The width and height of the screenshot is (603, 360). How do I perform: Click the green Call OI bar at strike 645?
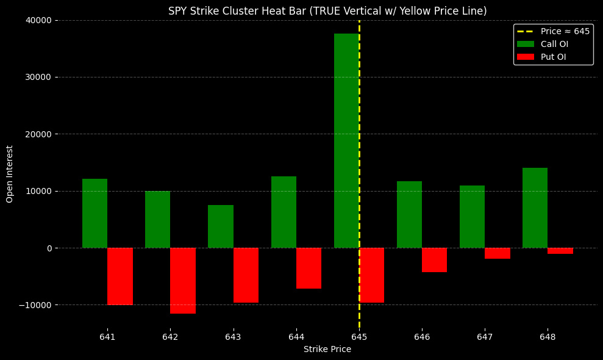coord(346,140)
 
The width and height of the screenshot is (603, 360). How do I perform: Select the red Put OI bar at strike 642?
coord(183,281)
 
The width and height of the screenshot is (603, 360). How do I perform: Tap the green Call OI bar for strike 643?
coord(221,226)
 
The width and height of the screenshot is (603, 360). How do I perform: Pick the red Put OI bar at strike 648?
coord(560,251)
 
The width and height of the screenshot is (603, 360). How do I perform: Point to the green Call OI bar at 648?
coord(535,207)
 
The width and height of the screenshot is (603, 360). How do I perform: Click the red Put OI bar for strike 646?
coord(434,260)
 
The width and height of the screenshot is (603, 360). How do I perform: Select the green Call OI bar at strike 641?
coord(95,213)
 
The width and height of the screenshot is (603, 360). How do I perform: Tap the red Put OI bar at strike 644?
coord(309,268)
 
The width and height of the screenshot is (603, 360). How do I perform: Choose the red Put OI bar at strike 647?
coord(497,253)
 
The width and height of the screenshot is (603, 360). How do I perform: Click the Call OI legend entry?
coord(554,44)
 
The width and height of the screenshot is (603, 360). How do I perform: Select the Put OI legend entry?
coord(553,57)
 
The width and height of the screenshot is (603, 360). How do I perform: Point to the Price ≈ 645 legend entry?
coord(565,31)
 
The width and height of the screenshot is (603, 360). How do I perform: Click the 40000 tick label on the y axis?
coord(38,20)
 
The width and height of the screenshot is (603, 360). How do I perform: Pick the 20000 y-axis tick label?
coord(38,134)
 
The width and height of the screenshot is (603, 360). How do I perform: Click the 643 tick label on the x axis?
coord(234,337)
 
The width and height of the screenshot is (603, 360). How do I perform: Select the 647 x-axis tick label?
coord(485,337)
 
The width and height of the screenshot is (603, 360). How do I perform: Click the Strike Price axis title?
coord(327,350)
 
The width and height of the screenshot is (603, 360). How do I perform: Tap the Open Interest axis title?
coord(10,174)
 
